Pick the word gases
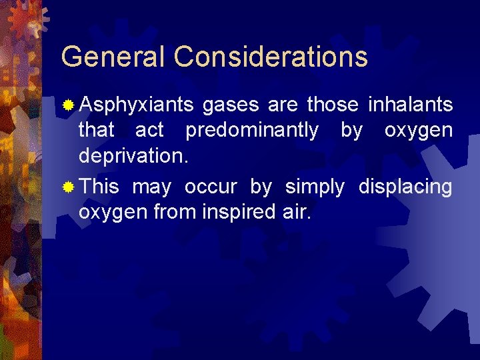click(231, 105)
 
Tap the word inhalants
click(410, 105)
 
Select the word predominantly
click(252, 131)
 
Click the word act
click(149, 131)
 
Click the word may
click(151, 187)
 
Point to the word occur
click(211, 187)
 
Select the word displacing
click(405, 187)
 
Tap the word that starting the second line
click(97, 131)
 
